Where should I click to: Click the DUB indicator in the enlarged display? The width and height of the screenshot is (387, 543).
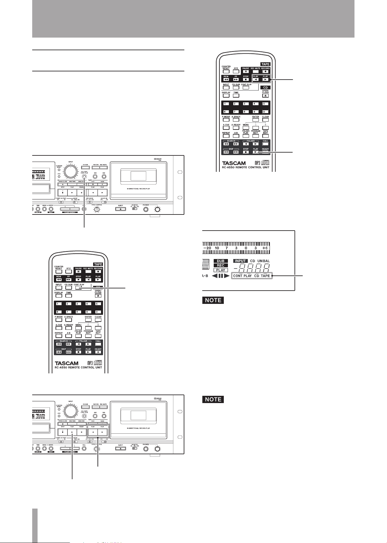[221, 261]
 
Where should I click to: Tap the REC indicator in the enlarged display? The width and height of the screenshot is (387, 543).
[221, 266]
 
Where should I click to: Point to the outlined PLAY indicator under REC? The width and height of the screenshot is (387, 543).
[221, 270]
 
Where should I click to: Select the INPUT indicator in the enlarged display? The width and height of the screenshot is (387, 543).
[241, 261]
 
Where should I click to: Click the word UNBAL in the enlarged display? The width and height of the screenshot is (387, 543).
[264, 261]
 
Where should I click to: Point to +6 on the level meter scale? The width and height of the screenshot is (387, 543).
[265, 248]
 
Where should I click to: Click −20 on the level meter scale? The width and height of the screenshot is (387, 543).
[208, 248]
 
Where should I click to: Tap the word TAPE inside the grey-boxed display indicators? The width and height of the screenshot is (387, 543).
[265, 276]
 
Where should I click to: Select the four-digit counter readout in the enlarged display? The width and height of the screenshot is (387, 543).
[251, 268]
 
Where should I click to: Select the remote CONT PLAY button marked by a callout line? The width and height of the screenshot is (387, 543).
[79, 288]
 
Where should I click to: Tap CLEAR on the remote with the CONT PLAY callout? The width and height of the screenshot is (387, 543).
[98, 320]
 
